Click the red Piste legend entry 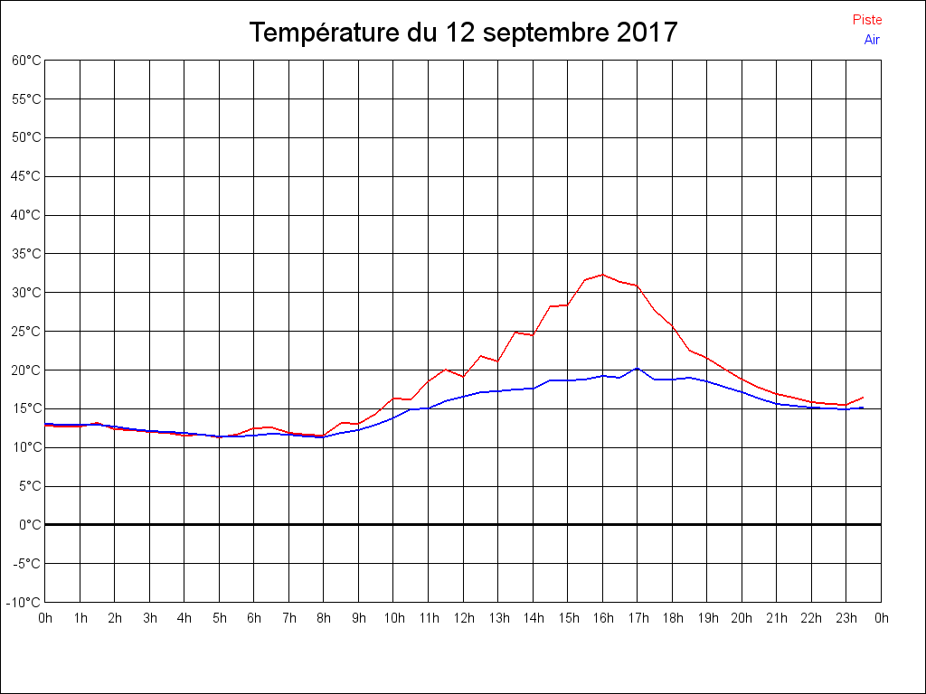[x=866, y=20]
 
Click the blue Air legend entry [x=872, y=40]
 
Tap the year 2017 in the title [x=647, y=33]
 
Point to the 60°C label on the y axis [x=26, y=61]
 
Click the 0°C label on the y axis [x=30, y=525]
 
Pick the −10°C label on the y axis [x=24, y=603]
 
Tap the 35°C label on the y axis [x=26, y=254]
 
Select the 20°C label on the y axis [x=26, y=370]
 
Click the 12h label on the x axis [x=463, y=619]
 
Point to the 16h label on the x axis [x=603, y=619]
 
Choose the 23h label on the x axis [x=846, y=619]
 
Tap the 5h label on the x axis [x=220, y=619]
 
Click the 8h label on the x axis [x=324, y=619]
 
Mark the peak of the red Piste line [x=602, y=275]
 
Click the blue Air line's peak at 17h [x=638, y=368]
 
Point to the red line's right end [x=864, y=398]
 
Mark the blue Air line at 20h [x=742, y=392]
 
